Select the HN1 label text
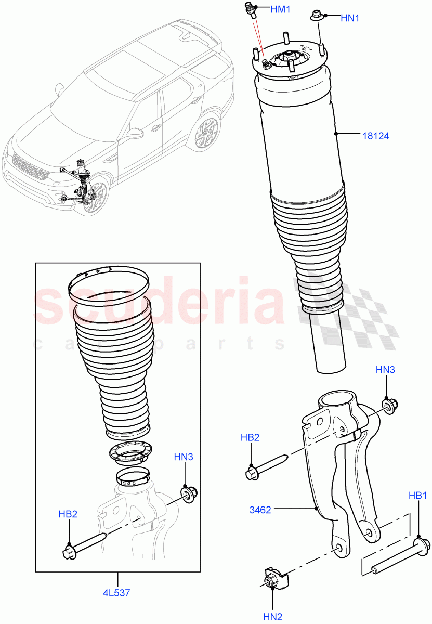(350, 18)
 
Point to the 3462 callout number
(259, 510)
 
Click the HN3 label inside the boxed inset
(184, 457)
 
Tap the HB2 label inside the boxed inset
(68, 514)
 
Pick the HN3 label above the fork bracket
(385, 370)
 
